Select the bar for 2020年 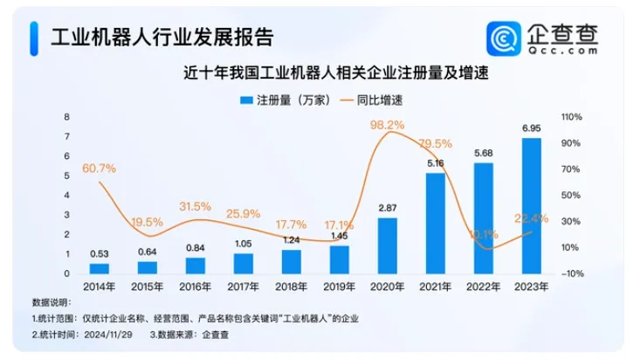pyautogui.click(x=388, y=245)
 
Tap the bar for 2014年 pyautogui.click(x=100, y=267)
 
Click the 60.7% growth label pyautogui.click(x=100, y=167)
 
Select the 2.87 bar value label pyautogui.click(x=388, y=209)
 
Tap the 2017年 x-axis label pyautogui.click(x=244, y=287)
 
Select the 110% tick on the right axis pyautogui.click(x=572, y=117)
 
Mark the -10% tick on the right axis pyautogui.click(x=572, y=274)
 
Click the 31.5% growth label pyautogui.click(x=195, y=206)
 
